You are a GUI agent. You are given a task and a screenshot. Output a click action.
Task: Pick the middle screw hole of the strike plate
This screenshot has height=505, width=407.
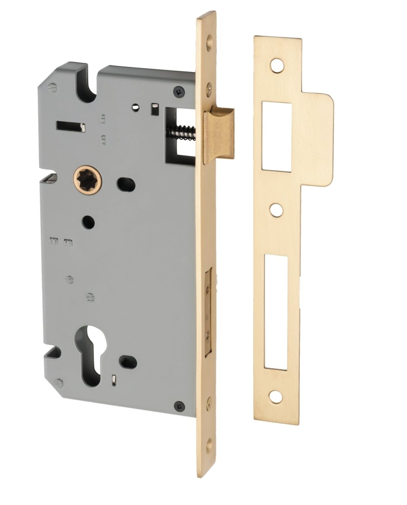click(275, 210)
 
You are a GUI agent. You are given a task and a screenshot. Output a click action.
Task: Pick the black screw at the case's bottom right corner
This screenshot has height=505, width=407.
click(180, 405)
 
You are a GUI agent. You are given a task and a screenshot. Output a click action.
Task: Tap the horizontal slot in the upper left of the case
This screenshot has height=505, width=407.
click(70, 125)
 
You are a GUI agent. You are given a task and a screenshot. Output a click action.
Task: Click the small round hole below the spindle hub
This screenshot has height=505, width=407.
click(88, 222)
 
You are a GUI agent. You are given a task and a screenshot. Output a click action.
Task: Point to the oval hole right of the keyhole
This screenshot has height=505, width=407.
click(128, 361)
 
